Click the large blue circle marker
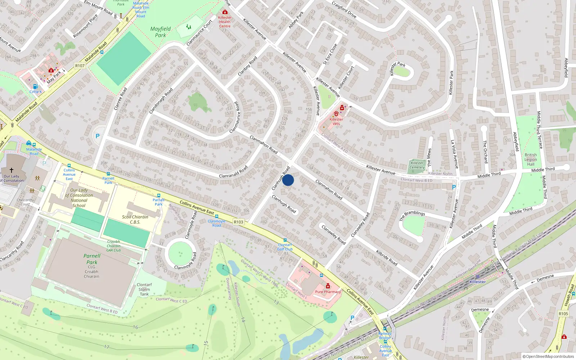pos(288,180)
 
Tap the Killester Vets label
pos(336,121)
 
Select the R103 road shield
pos(238,222)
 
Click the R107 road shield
pos(80,66)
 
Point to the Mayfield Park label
pos(161,32)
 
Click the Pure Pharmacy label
pos(328,292)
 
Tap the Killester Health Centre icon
pos(225,12)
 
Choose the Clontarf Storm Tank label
pos(144,289)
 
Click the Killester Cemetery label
pos(417,165)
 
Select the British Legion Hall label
pos(531,159)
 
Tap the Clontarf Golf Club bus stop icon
pos(285,240)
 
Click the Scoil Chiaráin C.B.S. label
pos(135,219)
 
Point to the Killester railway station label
pos(477,282)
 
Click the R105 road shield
pos(563,314)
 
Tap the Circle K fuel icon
pos(35,86)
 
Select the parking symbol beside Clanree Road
pos(97,136)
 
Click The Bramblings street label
pos(412,216)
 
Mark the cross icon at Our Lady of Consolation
pos(12,170)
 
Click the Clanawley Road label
pos(333,235)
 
